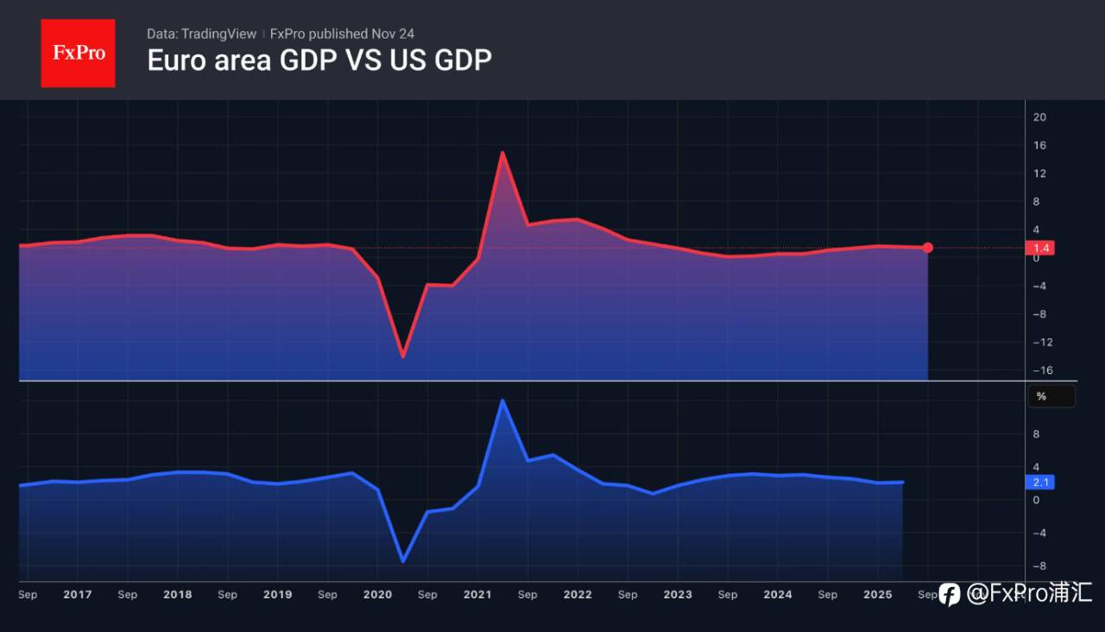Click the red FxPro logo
coord(78,53)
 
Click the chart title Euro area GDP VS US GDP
coord(319,60)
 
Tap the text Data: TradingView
coord(201,34)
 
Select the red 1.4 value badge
coord(1040,249)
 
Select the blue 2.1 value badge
coord(1040,483)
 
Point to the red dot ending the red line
coord(928,248)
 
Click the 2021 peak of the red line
coord(502,153)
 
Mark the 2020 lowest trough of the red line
coord(402,356)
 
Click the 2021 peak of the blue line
coord(502,400)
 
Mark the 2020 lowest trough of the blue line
coord(402,561)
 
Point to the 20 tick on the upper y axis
coord(1039,117)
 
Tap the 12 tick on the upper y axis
coord(1039,174)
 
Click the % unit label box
coord(1051,396)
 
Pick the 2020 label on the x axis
coord(377,594)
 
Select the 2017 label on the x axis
coord(78,594)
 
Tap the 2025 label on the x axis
coord(877,594)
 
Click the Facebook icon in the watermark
coord(950,594)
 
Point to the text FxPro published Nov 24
coord(342,34)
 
